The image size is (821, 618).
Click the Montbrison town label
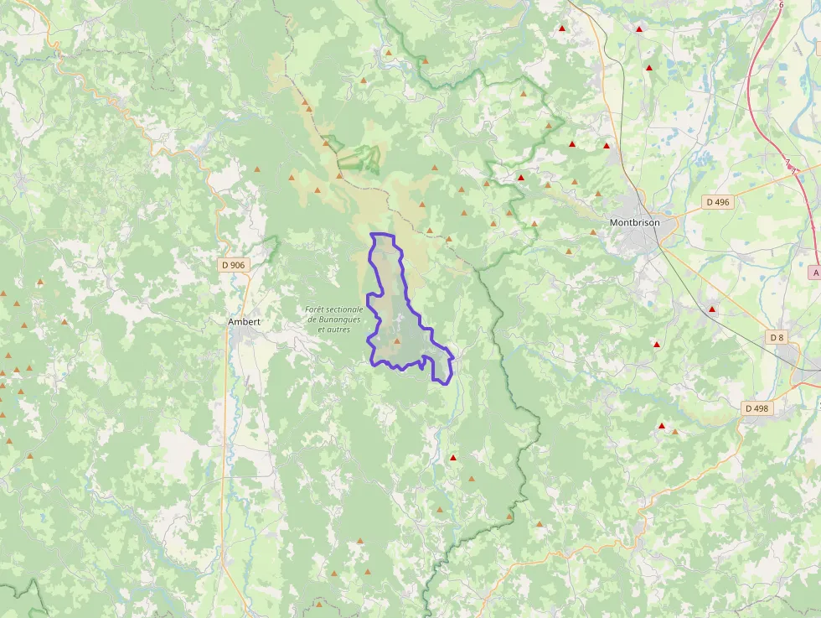[x=634, y=223]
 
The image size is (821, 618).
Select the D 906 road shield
[x=234, y=265]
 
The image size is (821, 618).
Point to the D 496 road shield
[x=717, y=202]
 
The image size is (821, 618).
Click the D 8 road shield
[x=777, y=337]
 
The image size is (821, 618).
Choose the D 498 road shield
[x=756, y=408]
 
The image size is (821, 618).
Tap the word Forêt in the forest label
[x=318, y=309]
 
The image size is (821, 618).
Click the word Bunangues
[x=338, y=319]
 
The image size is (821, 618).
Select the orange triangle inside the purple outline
[x=397, y=341]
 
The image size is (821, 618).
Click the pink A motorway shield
[x=815, y=273]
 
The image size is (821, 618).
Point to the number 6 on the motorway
[x=782, y=5]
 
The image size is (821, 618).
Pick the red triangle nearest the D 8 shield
[x=712, y=309]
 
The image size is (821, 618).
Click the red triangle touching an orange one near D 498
[x=662, y=426]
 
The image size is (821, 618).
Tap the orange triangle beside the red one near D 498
[x=674, y=432]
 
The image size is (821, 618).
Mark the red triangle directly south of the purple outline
[x=453, y=458]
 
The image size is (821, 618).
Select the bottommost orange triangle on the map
[x=319, y=603]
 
